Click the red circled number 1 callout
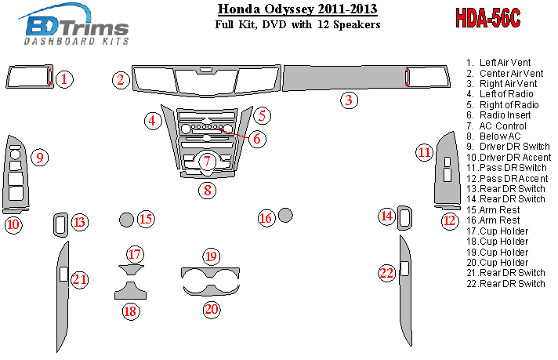coord(64,78)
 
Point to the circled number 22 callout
coord(386,273)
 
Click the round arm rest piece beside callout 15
coord(125,219)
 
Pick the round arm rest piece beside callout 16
coord(285,215)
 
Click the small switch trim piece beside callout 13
coord(60,224)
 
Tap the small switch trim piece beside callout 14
coord(406,218)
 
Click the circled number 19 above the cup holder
coord(211,256)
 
